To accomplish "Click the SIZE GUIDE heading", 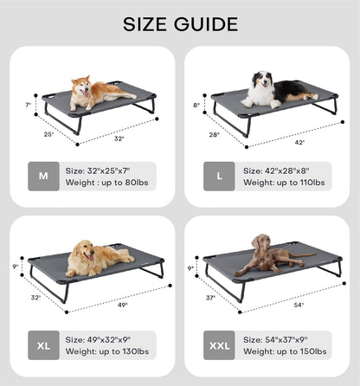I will [180, 23].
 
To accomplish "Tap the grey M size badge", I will [44, 176].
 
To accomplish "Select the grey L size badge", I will [219, 176].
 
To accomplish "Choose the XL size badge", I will [44, 344].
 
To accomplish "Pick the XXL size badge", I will [219, 344].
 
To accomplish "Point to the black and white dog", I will [275, 88].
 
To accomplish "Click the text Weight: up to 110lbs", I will [284, 183].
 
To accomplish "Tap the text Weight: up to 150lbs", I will [284, 351].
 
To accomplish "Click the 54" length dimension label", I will [299, 305].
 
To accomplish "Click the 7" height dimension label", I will [28, 105].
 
